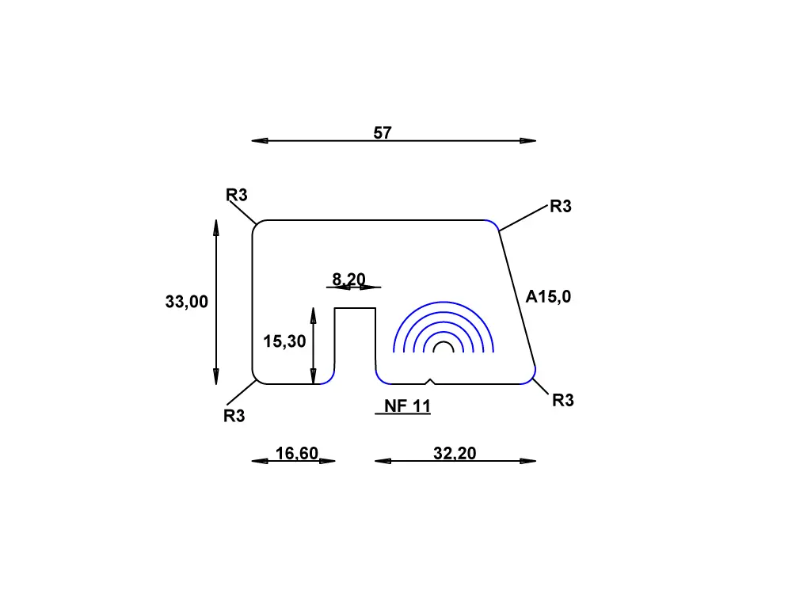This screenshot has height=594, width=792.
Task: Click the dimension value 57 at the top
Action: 383,133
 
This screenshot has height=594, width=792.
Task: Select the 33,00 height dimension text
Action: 187,302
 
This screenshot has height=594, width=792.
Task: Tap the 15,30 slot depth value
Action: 284,341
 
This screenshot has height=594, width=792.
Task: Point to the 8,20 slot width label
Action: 348,279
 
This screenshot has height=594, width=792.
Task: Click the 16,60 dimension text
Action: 296,453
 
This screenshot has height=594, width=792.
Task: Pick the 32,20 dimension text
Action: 455,453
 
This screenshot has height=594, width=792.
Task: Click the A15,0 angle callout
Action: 548,297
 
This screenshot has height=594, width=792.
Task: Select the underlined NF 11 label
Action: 407,406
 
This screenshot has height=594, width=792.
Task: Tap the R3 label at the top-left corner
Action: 237,195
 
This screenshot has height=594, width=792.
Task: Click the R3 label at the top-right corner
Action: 560,207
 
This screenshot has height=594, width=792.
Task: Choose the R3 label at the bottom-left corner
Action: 234,416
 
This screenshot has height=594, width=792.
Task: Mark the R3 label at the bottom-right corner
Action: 562,401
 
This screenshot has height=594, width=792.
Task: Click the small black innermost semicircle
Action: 444,347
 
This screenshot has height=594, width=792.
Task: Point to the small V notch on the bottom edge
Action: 429,381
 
